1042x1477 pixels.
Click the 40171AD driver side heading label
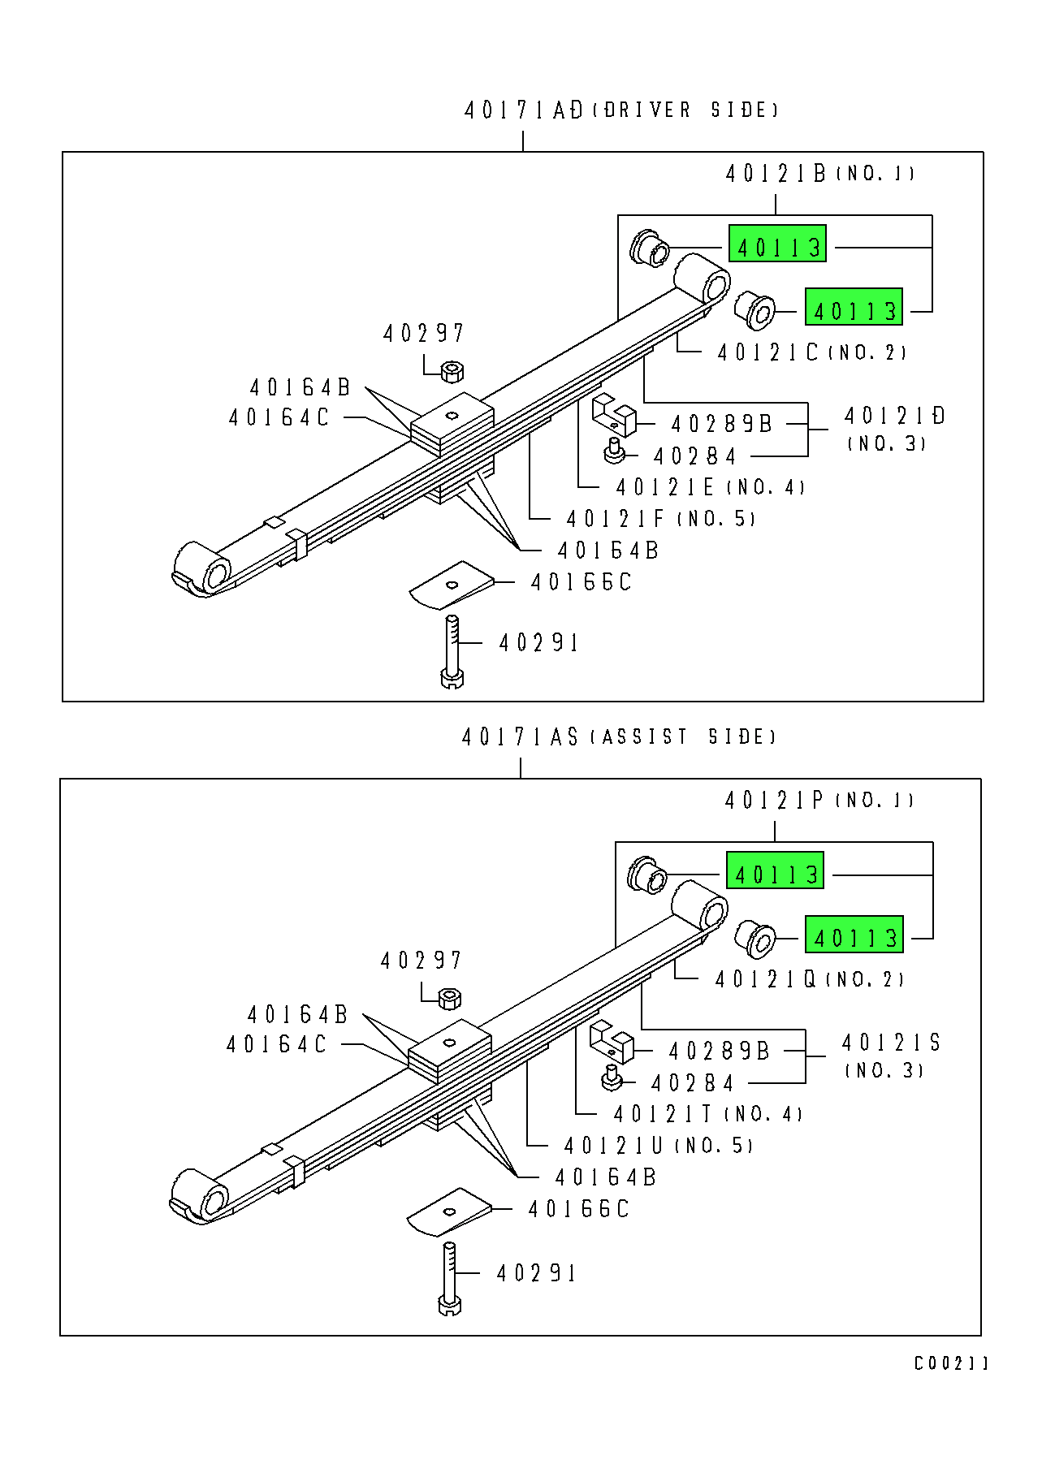[x=620, y=110]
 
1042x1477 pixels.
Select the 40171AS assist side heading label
[x=618, y=736]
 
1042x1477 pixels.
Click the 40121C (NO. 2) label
[x=811, y=352]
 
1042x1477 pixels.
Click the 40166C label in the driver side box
[x=581, y=582]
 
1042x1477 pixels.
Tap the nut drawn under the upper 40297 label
[x=452, y=372]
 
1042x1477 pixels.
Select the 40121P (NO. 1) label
[x=818, y=800]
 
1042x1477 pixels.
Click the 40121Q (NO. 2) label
[x=809, y=979]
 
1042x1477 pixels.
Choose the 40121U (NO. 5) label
[x=658, y=1146]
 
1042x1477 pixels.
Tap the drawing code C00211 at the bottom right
[x=950, y=1363]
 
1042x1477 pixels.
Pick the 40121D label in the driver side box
[x=894, y=416]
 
